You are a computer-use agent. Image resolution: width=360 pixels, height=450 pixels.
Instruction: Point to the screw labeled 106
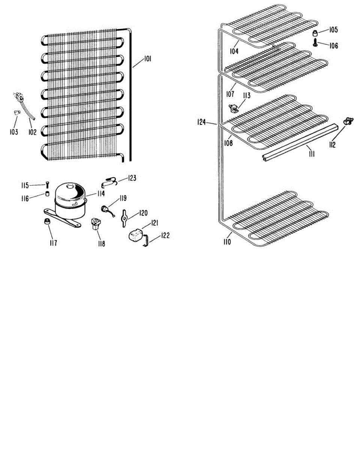tap(316, 43)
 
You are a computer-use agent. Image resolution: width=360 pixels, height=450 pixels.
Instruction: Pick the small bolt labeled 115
tap(47, 184)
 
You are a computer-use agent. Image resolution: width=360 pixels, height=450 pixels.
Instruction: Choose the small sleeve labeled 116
tap(47, 193)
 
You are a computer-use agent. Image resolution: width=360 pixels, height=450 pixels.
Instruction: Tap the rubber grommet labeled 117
tap(46, 221)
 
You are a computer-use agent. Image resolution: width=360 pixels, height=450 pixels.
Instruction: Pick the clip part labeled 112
tap(348, 121)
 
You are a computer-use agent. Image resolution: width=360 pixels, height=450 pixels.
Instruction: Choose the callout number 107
tap(230, 93)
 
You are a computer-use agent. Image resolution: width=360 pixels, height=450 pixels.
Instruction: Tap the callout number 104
tap(234, 51)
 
